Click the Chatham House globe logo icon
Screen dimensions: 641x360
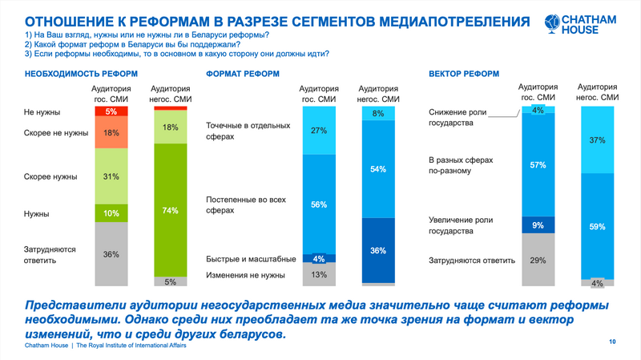[x=552, y=23]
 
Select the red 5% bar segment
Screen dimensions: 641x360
[x=111, y=111]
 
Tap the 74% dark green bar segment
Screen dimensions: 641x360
[x=171, y=210]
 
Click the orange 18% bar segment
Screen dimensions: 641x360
[x=111, y=132]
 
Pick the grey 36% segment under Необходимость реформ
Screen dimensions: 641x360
[x=111, y=254]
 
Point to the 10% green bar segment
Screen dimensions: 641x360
[x=111, y=213]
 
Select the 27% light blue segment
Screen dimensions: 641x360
[x=319, y=131]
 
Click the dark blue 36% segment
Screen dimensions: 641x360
[x=378, y=250]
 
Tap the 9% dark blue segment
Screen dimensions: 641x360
[x=538, y=225]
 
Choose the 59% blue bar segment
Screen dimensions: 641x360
[x=598, y=226]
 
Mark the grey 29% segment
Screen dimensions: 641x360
[x=538, y=260]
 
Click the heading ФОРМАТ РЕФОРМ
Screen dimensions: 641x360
[x=243, y=74]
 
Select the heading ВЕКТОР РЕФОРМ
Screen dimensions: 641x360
[x=464, y=74]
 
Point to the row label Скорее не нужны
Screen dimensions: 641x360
[x=56, y=133]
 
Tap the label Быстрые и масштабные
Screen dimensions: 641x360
[x=251, y=259]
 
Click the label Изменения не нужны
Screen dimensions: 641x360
[x=245, y=275]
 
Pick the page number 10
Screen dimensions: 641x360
[x=612, y=342]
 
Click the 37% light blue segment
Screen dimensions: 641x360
[x=598, y=140]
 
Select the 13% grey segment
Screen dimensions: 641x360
[x=319, y=274]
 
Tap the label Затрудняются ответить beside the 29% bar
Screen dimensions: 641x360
[x=472, y=261]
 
